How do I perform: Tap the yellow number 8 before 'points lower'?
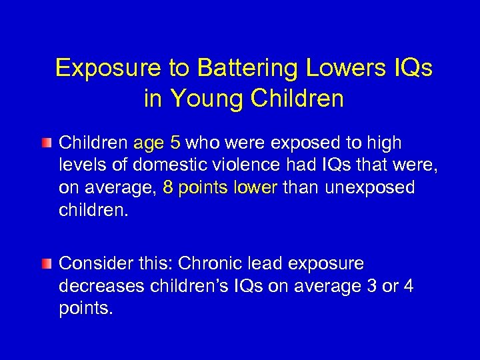pyautogui.click(x=167, y=188)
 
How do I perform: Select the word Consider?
pyautogui.click(x=89, y=263)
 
